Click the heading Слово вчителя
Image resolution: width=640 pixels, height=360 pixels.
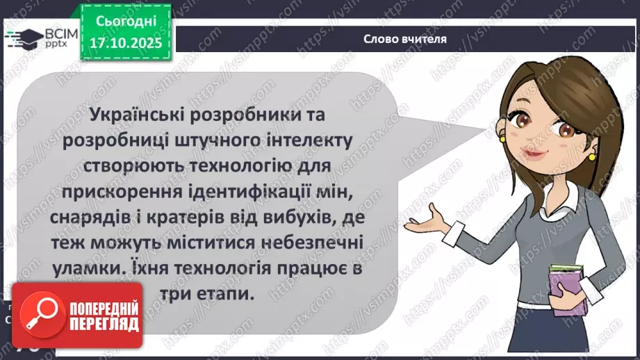405,39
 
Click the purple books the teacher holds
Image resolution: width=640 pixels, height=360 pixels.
568,287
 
